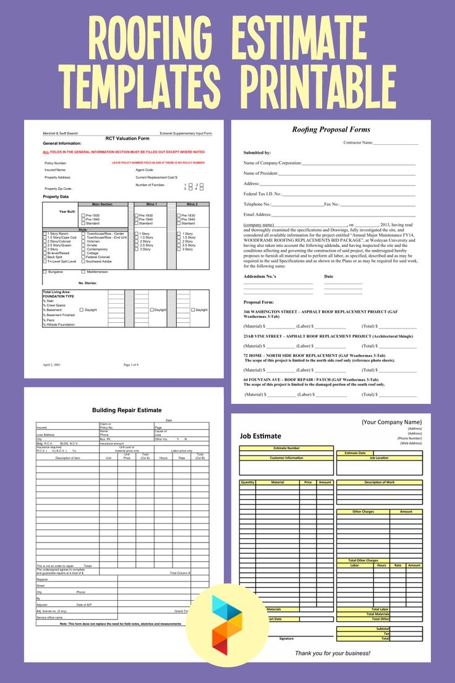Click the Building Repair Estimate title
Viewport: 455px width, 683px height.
tap(127, 410)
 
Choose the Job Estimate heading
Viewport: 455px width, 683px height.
tap(260, 436)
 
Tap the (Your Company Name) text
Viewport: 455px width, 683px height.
tap(391, 422)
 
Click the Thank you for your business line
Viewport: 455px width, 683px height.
tap(333, 653)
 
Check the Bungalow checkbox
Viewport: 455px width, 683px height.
tap(45, 272)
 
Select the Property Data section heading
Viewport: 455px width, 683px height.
tap(56, 197)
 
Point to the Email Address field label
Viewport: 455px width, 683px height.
tap(258, 214)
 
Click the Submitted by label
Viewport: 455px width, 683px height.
tap(257, 152)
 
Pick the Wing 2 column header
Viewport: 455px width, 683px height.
tap(192, 204)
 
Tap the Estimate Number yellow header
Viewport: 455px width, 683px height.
tap(286, 448)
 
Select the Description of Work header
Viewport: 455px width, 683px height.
tap(379, 482)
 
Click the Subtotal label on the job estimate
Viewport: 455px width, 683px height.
tap(381, 629)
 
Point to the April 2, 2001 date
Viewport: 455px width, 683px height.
tap(51, 365)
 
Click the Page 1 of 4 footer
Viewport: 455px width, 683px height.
tap(131, 365)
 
